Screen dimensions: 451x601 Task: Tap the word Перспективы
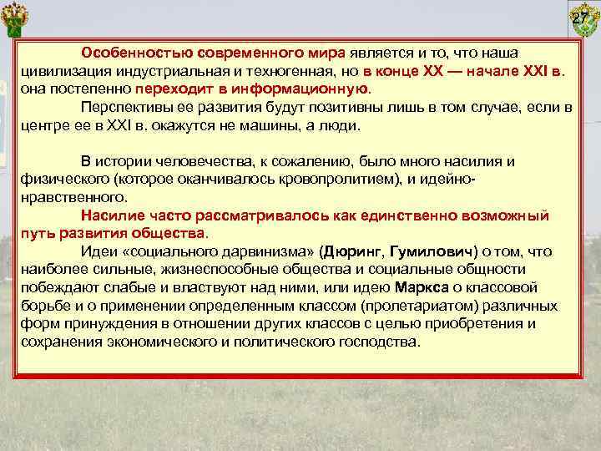126,107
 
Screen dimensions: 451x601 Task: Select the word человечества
200,160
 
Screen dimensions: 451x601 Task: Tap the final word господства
379,342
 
